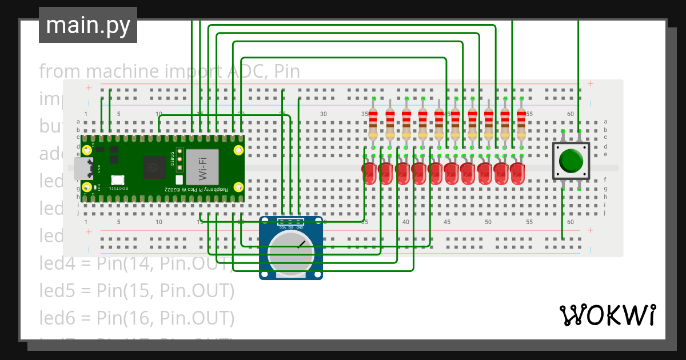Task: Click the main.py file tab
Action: [87, 26]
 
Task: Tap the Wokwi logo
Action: [607, 315]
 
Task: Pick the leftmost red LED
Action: [369, 173]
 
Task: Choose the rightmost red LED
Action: [517, 173]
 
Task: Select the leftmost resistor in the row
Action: [373, 124]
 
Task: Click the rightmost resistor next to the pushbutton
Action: [521, 124]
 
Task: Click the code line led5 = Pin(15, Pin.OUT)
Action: [137, 291]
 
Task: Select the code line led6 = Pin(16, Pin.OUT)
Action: [137, 317]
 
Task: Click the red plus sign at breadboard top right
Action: [591, 85]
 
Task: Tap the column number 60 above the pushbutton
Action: [570, 114]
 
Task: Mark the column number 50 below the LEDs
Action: [488, 222]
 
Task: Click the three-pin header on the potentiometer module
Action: [291, 222]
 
